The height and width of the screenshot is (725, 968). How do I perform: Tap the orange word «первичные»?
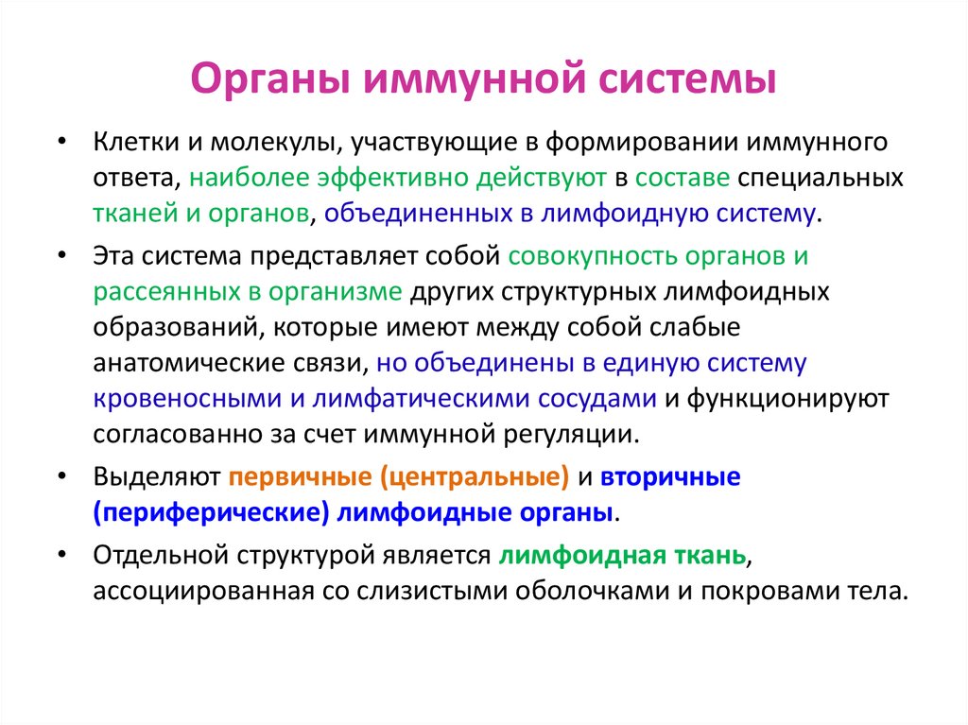301,478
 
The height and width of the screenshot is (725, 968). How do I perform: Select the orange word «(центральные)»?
475,478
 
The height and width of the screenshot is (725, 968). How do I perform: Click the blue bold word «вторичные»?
671,478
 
